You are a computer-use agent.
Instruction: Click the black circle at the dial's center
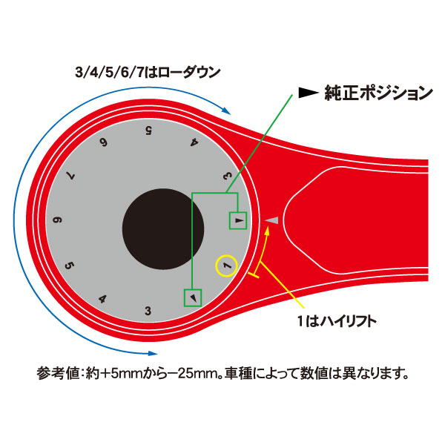point(163,229)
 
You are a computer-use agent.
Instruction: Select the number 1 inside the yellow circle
point(228,266)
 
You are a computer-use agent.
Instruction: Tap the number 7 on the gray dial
point(70,176)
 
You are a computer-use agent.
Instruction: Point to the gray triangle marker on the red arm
point(271,220)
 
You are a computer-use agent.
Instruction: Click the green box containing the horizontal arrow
point(238,220)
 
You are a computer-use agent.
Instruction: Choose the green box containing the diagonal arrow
point(193,297)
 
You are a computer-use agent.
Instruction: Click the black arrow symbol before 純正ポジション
point(309,93)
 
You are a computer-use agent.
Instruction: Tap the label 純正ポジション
point(378,93)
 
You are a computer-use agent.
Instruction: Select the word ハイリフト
point(349,322)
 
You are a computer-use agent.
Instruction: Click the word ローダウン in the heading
point(189,72)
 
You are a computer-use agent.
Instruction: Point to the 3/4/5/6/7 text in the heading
point(110,72)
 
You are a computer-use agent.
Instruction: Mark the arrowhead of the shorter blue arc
point(226,111)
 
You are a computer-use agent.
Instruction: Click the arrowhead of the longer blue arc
point(154,353)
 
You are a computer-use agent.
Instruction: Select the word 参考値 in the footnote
point(57,373)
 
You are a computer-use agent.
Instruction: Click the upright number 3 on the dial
point(148,311)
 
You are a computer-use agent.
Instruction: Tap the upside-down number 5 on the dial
point(148,131)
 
